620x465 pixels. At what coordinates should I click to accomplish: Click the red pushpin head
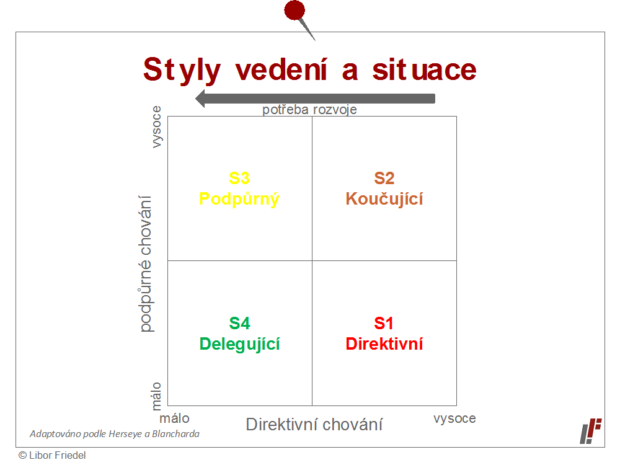point(294,10)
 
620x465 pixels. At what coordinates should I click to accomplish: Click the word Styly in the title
point(182,71)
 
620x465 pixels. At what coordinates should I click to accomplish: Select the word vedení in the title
point(281,69)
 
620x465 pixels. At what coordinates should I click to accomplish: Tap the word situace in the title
point(424,69)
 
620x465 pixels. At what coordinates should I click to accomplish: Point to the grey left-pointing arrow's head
point(200,99)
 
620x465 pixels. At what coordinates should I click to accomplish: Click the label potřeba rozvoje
point(309,110)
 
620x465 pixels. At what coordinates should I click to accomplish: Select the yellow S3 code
point(239,179)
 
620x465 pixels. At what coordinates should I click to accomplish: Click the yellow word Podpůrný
point(239,199)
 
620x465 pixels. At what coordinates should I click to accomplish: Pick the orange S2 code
point(384,179)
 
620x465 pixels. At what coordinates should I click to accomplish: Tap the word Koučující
point(384,199)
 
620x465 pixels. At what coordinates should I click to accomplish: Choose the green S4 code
point(239,324)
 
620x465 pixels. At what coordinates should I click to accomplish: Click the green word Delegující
point(239,344)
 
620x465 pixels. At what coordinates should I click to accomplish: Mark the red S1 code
point(384,324)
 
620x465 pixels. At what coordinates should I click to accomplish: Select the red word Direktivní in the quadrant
point(384,344)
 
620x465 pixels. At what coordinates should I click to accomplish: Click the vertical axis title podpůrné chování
point(146,263)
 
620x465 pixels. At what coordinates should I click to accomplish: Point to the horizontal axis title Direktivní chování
point(314,425)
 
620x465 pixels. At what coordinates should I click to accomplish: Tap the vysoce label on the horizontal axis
point(454,418)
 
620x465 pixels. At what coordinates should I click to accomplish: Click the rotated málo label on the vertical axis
point(157,396)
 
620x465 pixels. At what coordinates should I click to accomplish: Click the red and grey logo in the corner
point(591,431)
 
